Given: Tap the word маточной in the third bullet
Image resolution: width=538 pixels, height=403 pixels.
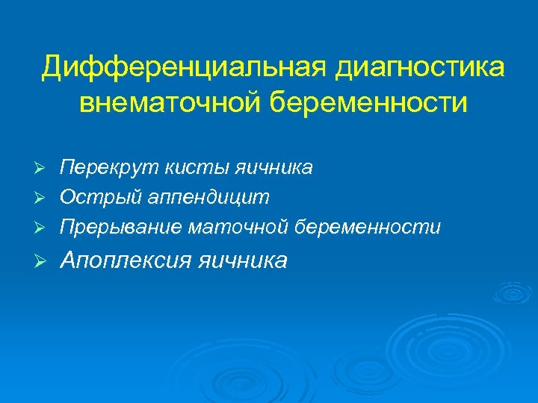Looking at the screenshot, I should (x=237, y=225).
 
